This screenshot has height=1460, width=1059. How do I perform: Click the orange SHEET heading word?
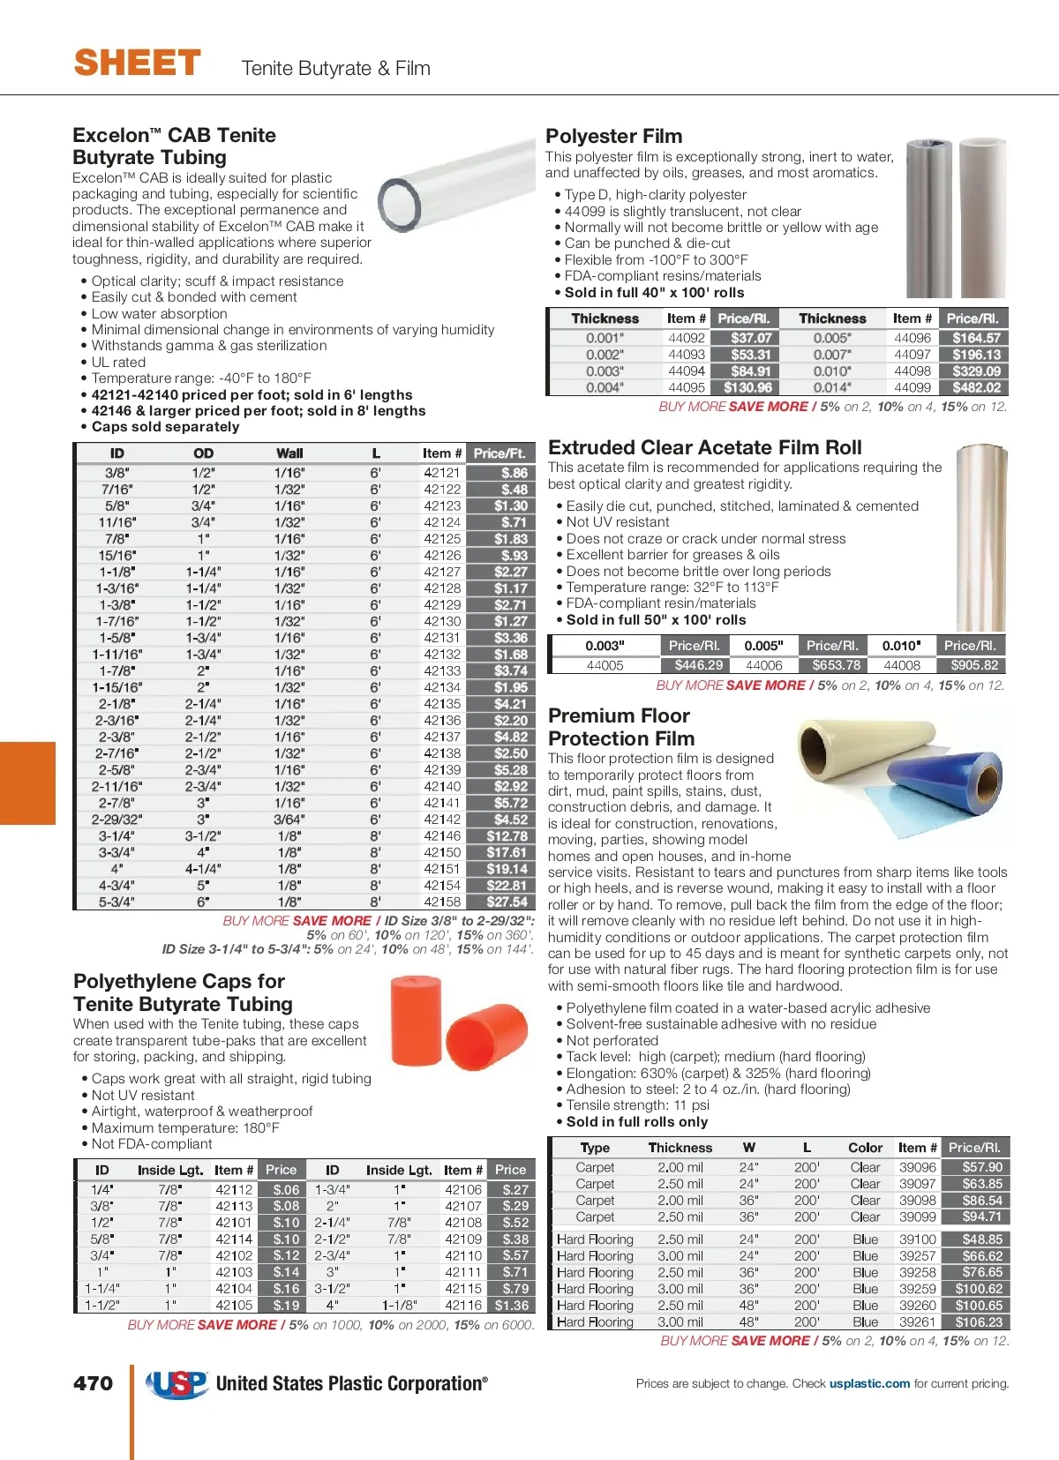(138, 64)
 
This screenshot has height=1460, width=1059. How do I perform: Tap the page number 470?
(94, 1383)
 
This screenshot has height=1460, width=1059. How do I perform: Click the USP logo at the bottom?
(177, 1383)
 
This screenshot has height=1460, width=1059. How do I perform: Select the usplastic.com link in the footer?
(869, 1383)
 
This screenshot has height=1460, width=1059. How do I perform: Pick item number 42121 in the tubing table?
(442, 473)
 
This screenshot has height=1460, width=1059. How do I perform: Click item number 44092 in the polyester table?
(686, 338)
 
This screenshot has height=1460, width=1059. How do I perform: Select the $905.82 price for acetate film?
(974, 665)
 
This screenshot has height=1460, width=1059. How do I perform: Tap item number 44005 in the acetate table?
(605, 665)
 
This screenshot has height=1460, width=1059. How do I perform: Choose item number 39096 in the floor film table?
(917, 1167)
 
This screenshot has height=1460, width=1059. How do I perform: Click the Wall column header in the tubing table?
(289, 453)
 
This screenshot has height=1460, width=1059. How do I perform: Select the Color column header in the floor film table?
(865, 1148)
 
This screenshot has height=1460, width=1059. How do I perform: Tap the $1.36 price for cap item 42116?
(512, 1305)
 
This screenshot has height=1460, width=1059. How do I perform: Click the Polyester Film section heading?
(613, 136)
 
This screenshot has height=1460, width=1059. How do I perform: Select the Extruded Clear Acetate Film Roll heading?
(704, 447)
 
